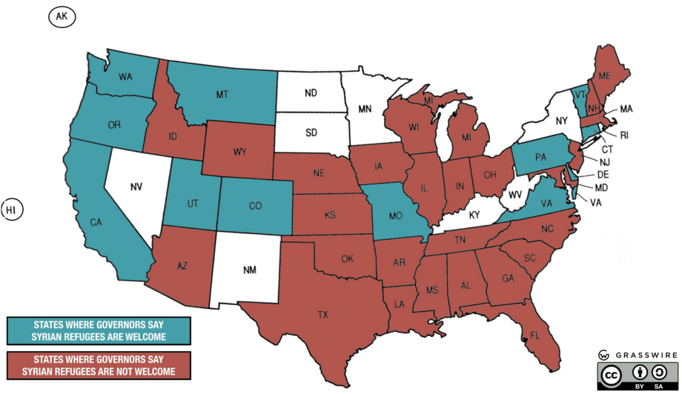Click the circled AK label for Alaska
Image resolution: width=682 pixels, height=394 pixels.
click(x=61, y=16)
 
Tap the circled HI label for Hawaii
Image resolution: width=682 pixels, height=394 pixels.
click(x=11, y=210)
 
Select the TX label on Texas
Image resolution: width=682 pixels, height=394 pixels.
click(x=322, y=315)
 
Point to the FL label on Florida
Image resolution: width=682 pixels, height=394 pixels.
click(x=534, y=334)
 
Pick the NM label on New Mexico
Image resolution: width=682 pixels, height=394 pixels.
click(x=250, y=270)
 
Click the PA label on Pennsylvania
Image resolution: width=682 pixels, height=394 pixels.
click(x=541, y=157)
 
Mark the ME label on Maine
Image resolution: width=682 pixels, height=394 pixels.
click(x=604, y=76)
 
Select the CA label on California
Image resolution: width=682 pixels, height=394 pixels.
click(x=96, y=222)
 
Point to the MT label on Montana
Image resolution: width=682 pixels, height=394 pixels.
click(x=221, y=95)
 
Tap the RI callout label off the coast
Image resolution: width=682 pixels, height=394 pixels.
click(x=623, y=135)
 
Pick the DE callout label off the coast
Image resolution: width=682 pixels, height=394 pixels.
click(x=601, y=174)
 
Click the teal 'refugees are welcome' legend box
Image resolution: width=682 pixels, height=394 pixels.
click(x=98, y=331)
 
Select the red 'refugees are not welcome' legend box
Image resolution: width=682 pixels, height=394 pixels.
click(x=98, y=365)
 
